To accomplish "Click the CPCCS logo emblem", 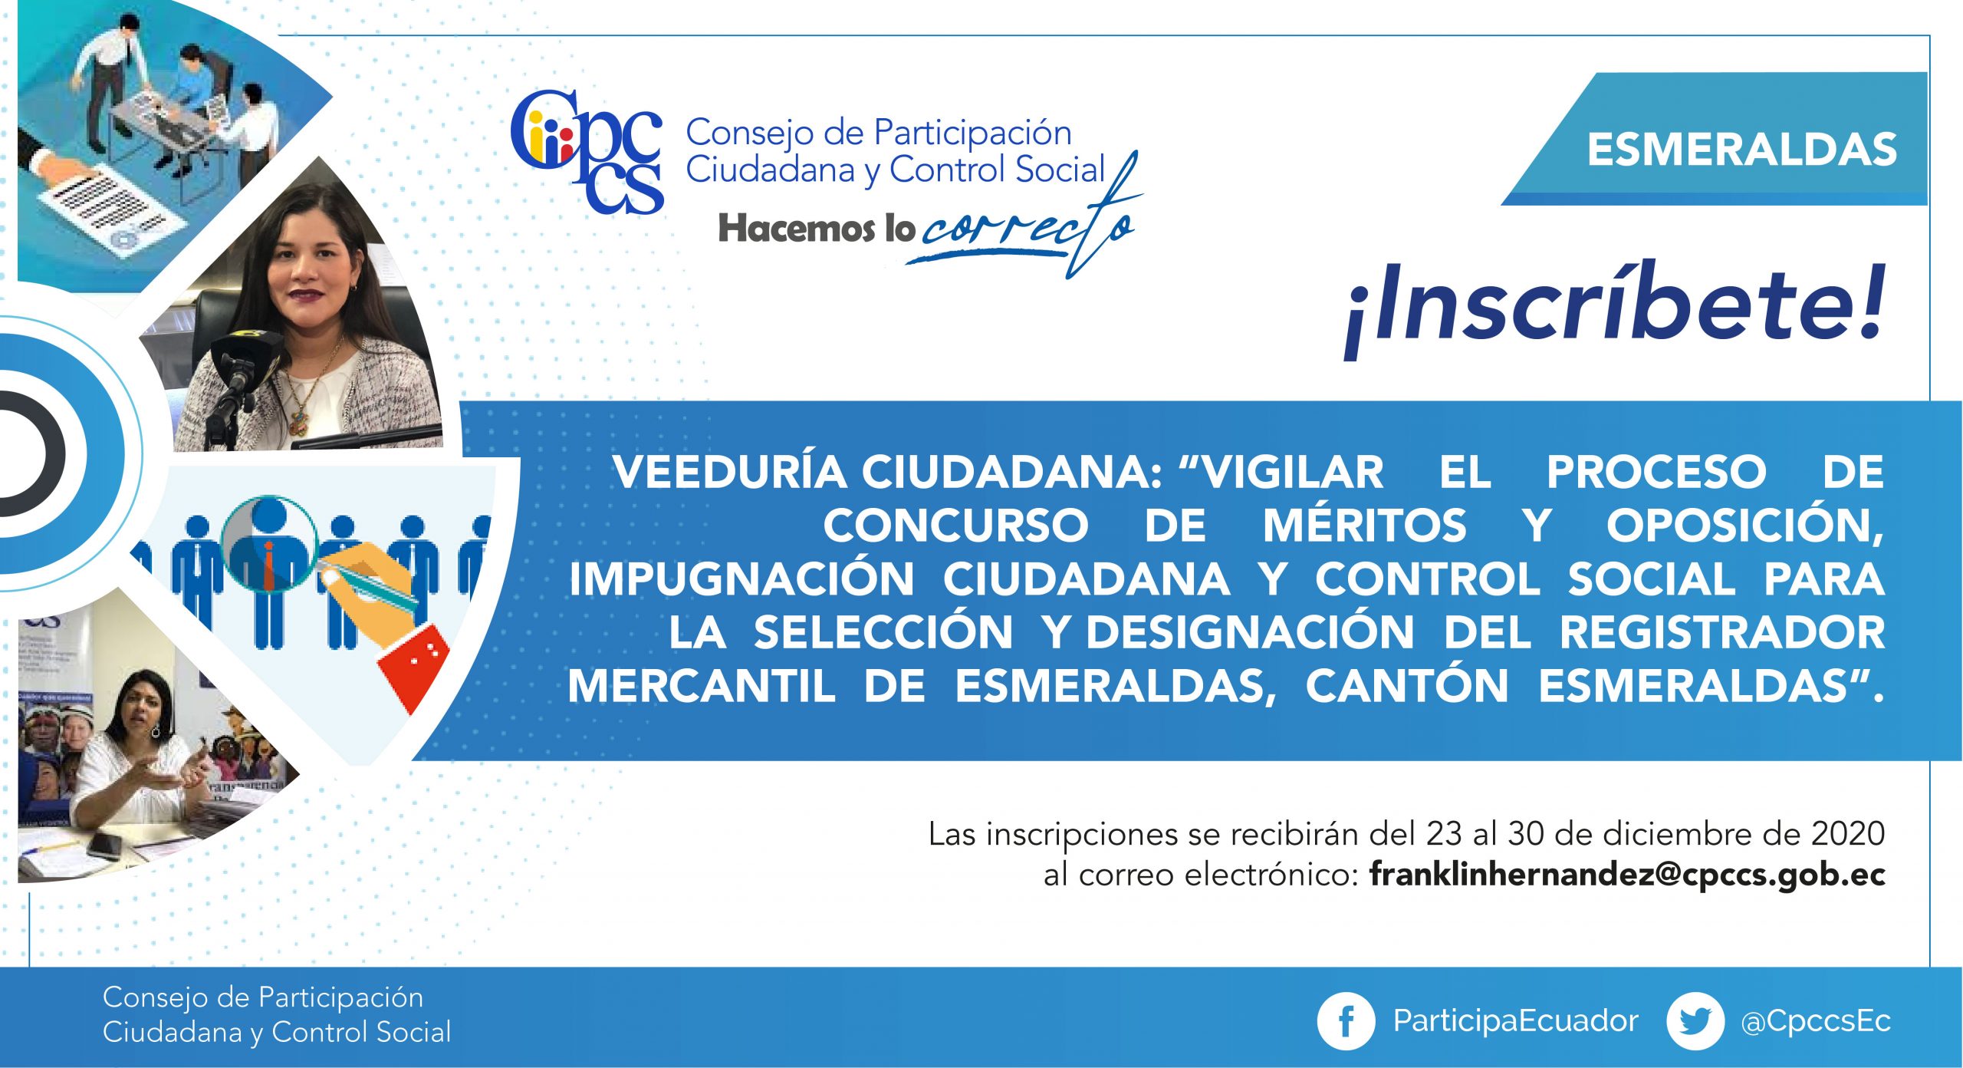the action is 587,152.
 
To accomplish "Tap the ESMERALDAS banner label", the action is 1741,149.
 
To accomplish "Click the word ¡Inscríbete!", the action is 1613,307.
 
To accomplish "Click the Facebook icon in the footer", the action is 1346,1021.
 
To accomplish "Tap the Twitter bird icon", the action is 1695,1021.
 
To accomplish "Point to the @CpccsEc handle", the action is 1816,1021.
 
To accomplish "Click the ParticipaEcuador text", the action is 1515,1021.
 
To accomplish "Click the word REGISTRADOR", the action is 1722,633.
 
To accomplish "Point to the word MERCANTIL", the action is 702,686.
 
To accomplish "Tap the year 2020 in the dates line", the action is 1849,833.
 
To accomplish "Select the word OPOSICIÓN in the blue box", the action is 1745,526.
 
